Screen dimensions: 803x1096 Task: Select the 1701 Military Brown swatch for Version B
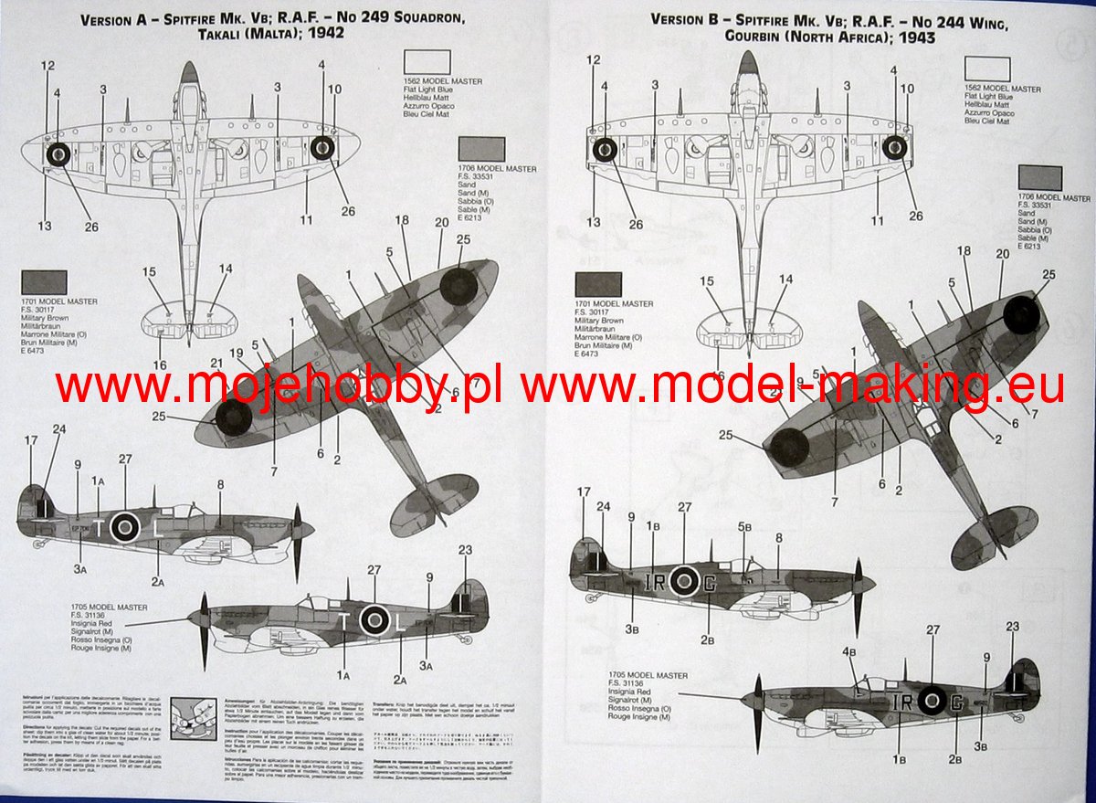coord(598,284)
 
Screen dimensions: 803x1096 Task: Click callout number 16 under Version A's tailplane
coord(161,365)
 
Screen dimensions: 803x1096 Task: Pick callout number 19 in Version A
coord(236,353)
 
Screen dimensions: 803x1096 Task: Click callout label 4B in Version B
coord(849,651)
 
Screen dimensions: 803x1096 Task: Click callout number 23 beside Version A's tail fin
coord(465,551)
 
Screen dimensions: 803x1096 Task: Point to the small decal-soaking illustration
coord(190,715)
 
